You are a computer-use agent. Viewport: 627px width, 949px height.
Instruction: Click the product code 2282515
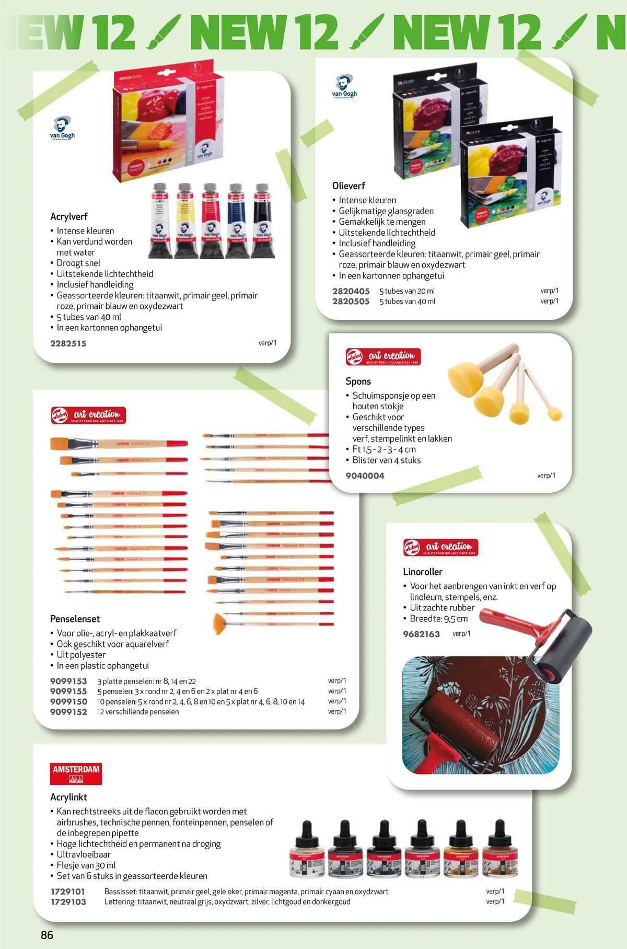tap(68, 343)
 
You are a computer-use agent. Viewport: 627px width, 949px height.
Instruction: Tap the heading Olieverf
tap(349, 186)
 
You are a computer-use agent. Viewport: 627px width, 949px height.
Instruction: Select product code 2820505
tap(351, 301)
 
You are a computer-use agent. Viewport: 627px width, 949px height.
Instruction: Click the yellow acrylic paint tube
tap(184, 219)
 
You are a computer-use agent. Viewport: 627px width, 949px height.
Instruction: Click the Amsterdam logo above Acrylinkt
tap(76, 773)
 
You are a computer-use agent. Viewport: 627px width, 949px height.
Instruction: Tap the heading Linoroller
tap(422, 572)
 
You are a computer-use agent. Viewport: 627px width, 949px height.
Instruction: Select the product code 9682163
tap(421, 634)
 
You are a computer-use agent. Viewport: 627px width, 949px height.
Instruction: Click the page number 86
tap(47, 934)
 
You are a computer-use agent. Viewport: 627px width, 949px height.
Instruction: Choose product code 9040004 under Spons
tap(365, 476)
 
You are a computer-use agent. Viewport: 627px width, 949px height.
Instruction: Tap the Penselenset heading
tap(75, 619)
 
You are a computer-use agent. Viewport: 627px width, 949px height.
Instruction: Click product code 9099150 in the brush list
tap(68, 701)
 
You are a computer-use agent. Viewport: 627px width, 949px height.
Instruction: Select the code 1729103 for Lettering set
tap(68, 901)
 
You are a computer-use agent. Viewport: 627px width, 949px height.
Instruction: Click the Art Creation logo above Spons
tap(383, 356)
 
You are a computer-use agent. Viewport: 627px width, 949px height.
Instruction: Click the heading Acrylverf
tap(68, 216)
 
